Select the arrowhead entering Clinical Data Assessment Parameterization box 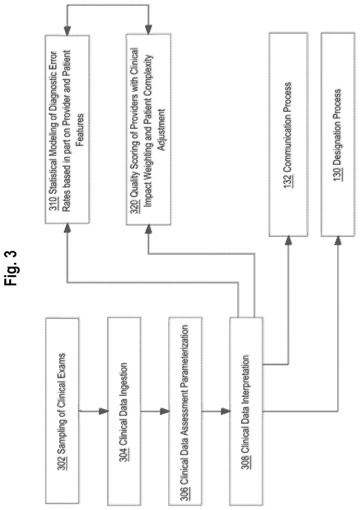tap(164, 412)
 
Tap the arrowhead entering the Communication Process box tap(288, 241)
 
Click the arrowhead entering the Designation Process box tap(338, 241)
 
